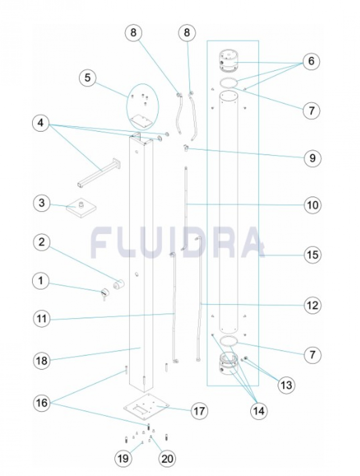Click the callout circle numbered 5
click(x=87, y=78)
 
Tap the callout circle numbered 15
click(x=312, y=254)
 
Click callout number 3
click(x=42, y=203)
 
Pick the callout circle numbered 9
click(x=312, y=158)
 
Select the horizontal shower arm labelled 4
click(x=99, y=173)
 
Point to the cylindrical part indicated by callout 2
click(x=118, y=284)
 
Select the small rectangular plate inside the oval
click(x=141, y=120)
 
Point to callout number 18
click(x=42, y=361)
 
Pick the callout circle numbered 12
click(x=312, y=305)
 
